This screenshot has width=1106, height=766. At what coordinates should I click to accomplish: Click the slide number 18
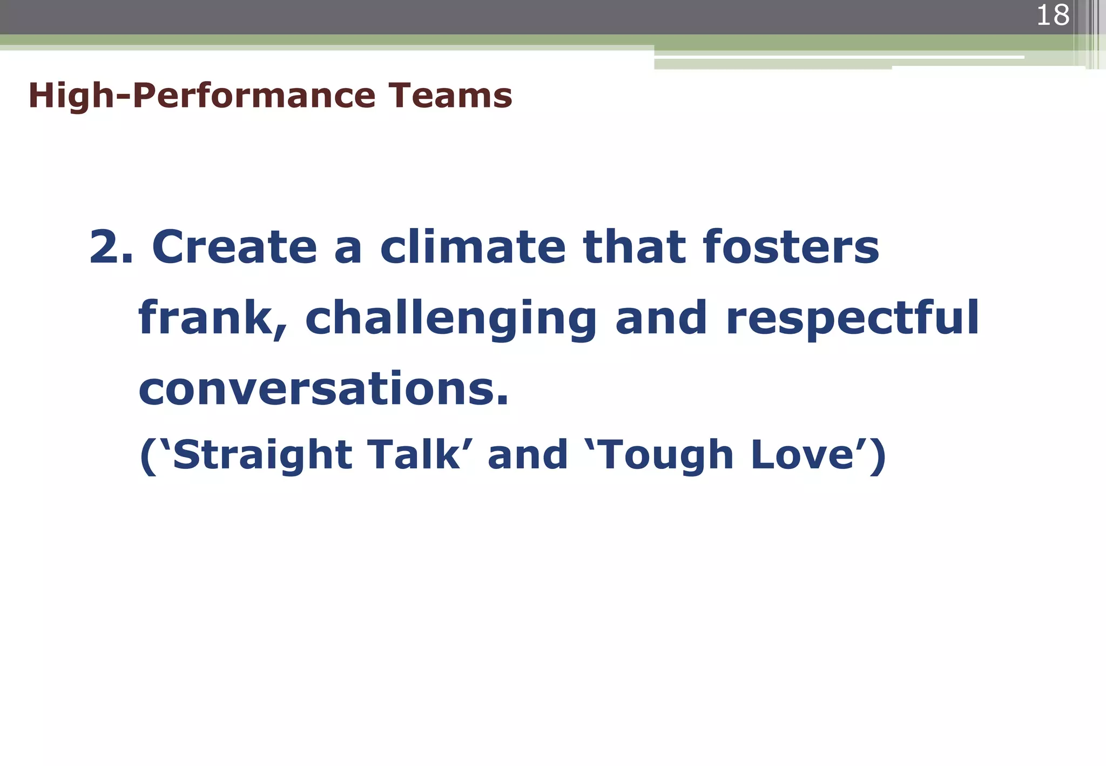pos(1053,15)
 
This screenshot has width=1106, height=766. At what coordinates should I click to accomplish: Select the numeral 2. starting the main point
pos(111,247)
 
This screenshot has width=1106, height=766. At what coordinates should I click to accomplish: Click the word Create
pos(234,247)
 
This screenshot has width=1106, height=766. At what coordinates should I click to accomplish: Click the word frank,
pos(213,319)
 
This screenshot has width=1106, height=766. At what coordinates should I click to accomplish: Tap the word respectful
pos(852,319)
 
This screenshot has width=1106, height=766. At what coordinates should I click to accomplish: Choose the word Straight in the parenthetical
pos(262,455)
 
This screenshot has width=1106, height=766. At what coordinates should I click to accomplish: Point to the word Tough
pos(665,455)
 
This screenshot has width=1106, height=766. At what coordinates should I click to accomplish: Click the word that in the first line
pos(633,247)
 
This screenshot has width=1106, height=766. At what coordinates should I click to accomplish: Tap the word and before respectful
pos(661,319)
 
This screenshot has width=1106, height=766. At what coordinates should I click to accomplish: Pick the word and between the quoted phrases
pos(528,454)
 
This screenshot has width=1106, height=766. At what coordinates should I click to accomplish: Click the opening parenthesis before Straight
pos(147,456)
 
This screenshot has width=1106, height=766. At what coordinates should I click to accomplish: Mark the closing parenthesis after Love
pos(878,456)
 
